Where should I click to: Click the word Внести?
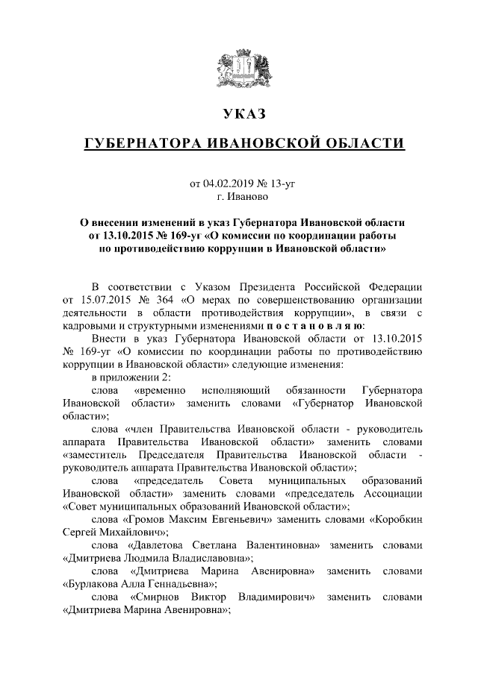(107, 339)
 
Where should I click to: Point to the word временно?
(158, 390)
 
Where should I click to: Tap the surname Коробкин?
(398, 520)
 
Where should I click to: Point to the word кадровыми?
(89, 327)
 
